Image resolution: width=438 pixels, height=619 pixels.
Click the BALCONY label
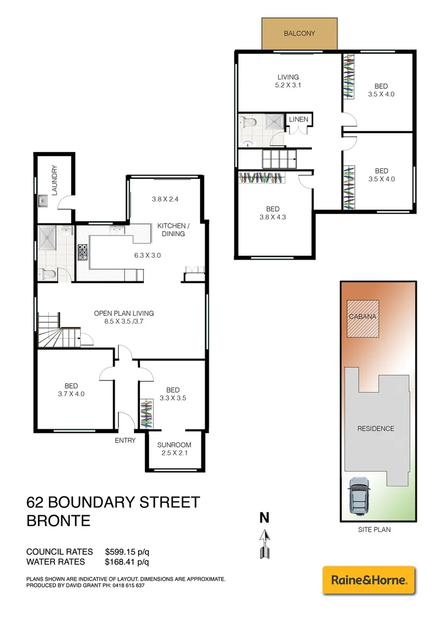299,34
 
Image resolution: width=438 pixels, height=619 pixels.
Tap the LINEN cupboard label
299,119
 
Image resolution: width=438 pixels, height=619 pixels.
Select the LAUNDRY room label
55,181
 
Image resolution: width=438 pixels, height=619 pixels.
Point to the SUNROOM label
174,445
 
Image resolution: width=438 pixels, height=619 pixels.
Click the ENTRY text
125,440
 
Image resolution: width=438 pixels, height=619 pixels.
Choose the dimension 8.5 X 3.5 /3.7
124,322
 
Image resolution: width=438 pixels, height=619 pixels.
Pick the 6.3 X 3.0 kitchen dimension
148,256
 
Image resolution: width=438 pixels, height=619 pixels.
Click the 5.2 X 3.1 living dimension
288,85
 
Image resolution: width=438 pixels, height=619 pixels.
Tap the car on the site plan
359,496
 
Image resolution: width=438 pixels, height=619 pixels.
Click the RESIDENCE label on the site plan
376,428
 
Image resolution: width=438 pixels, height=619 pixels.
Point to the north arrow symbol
264,542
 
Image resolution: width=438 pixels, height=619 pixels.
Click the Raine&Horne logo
369,581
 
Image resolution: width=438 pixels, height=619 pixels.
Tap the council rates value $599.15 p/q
127,552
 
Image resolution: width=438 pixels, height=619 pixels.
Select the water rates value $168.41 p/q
127,562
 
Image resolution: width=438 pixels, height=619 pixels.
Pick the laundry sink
43,201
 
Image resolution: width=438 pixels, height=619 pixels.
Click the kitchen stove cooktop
83,253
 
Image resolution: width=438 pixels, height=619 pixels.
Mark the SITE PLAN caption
374,530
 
